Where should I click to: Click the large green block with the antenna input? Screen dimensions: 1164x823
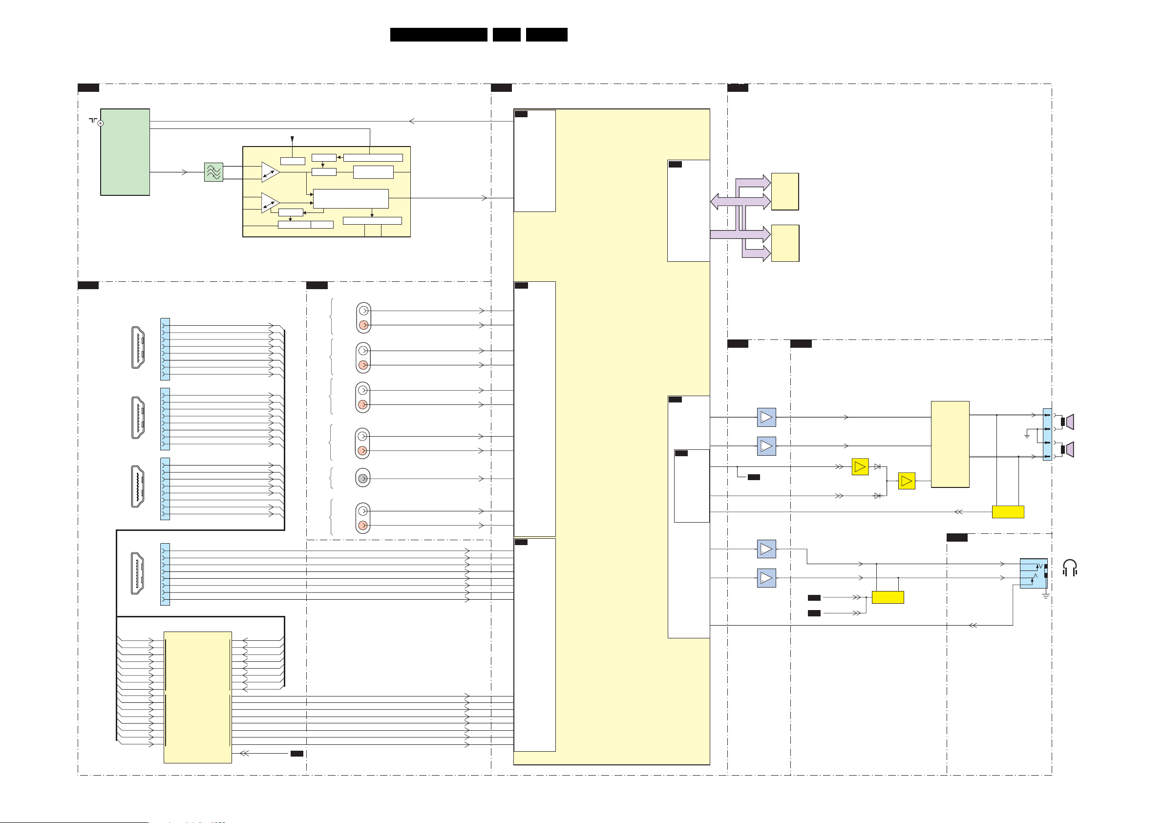coord(125,151)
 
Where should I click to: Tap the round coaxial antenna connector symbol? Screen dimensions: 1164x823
coord(101,123)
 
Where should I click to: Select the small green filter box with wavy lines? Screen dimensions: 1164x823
coord(213,172)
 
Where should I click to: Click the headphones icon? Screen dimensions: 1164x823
coord(1070,568)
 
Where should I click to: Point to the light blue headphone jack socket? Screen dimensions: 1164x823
coord(1033,573)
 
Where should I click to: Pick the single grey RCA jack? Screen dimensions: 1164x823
coord(362,478)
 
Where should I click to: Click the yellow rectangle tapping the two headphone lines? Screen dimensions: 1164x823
coord(888,597)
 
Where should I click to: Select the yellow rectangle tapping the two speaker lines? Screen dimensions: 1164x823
coord(1007,512)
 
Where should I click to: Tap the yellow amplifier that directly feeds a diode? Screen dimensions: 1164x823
coord(860,466)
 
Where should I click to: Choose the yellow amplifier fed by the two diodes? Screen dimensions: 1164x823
coord(907,481)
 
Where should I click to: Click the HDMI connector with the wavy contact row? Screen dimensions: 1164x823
coord(137,487)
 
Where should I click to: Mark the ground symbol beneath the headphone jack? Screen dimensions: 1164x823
coord(1045,596)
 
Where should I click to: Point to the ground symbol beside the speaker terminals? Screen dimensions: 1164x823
coord(1027,436)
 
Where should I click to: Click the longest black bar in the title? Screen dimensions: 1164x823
coord(439,35)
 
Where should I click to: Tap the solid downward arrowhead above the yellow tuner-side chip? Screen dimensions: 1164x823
coord(292,139)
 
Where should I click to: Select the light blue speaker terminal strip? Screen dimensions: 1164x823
coord(1047,434)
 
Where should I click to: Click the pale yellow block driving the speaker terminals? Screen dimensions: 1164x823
coord(950,444)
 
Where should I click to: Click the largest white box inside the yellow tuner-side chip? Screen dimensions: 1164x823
coord(351,198)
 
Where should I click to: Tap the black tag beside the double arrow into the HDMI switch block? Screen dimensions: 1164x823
coord(296,754)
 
